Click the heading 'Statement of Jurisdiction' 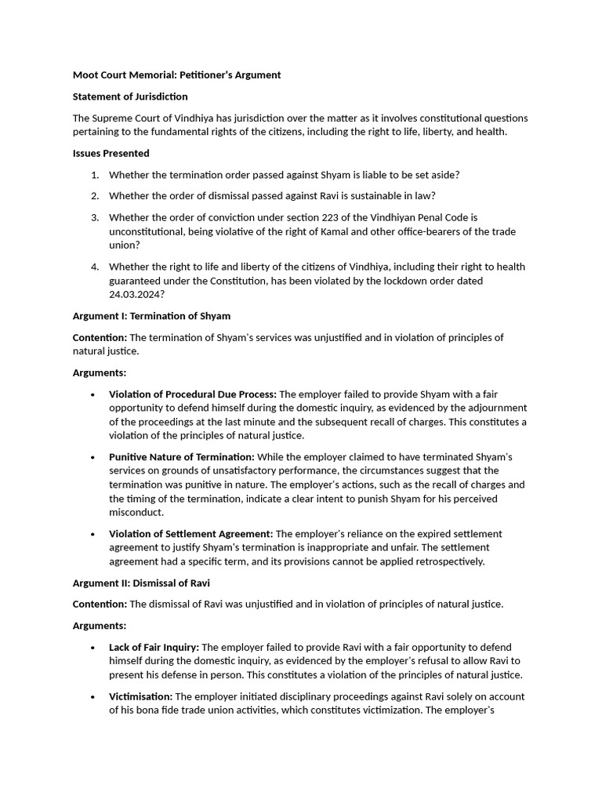click(130, 96)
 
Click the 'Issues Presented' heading click(111, 153)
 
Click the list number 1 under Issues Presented click(94, 175)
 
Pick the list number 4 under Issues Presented click(94, 267)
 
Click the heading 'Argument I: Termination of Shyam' click(151, 316)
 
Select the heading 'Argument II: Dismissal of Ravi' click(141, 583)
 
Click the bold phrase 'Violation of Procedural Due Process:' click(193, 394)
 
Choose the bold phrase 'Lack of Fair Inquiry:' click(154, 647)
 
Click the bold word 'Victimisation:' click(140, 696)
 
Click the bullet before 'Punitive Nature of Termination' click(94, 457)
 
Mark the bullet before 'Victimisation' click(94, 697)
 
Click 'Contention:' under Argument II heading click(100, 605)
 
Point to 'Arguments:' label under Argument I click(100, 373)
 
